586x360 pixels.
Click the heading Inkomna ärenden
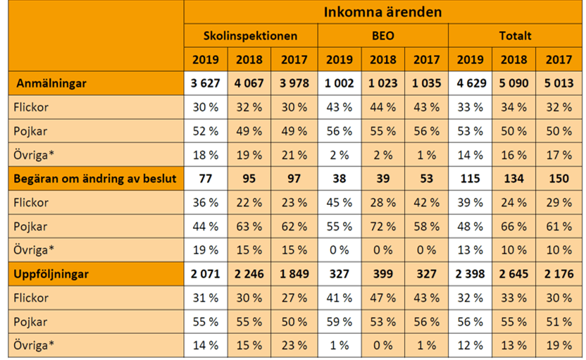coord(383,12)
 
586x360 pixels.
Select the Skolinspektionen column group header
coord(250,35)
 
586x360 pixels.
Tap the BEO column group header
coord(382,35)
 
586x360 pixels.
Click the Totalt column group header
coord(515,35)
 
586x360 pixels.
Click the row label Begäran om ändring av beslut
coord(95,179)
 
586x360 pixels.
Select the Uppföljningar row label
coord(51,274)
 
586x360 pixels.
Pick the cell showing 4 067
coord(249,83)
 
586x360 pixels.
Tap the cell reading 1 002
coord(339,83)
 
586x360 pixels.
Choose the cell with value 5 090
coord(514,83)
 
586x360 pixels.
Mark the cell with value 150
coord(558,179)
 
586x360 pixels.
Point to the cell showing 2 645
coord(514,274)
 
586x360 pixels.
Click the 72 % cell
coord(383,227)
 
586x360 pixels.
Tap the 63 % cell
coord(249,227)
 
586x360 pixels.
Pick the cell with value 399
coord(383,274)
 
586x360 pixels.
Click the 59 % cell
coord(339,322)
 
